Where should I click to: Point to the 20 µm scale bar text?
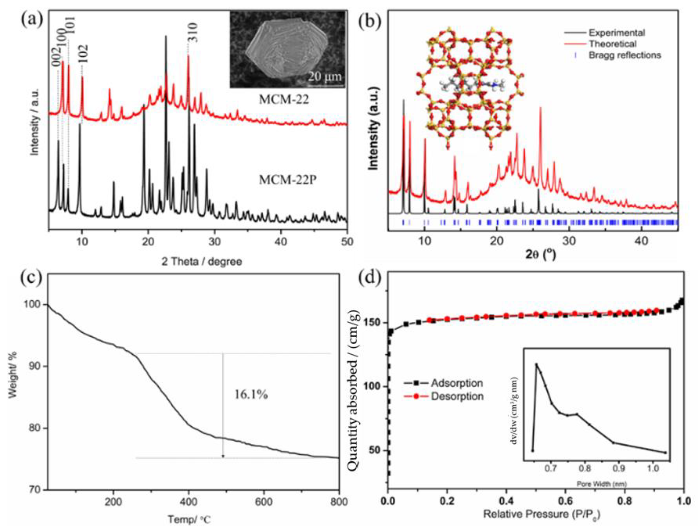click(x=325, y=76)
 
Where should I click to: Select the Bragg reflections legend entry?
click(x=625, y=55)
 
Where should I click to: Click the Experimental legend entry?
click(x=616, y=33)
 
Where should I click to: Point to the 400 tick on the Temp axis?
click(x=189, y=502)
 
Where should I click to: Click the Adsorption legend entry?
click(x=457, y=383)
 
